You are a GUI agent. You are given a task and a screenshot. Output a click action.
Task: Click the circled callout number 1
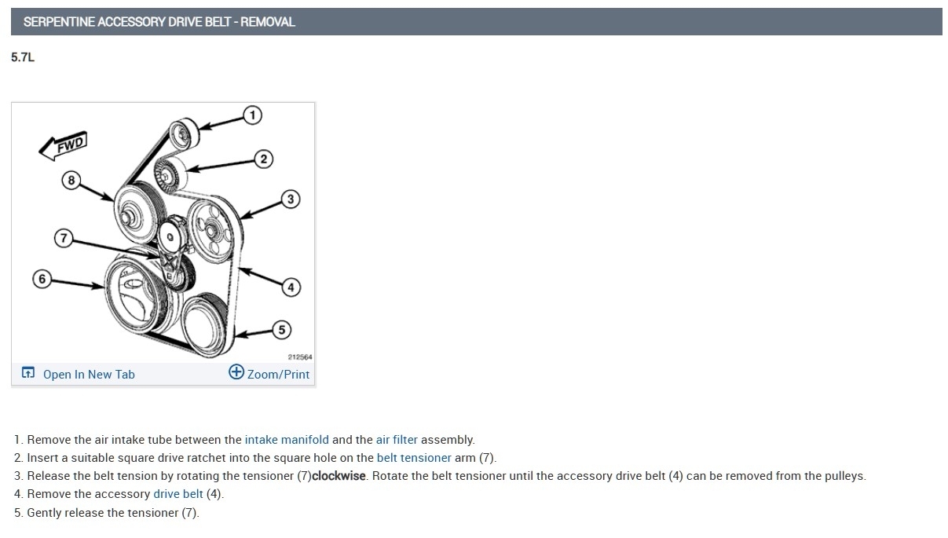[253, 115]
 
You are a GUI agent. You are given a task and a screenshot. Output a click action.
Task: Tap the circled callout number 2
[264, 159]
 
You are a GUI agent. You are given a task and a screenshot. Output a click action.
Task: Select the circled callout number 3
[291, 199]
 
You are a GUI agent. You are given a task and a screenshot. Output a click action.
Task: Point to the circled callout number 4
[291, 287]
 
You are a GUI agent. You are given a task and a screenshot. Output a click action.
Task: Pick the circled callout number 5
[282, 330]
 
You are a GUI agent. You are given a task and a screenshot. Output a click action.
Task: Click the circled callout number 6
[42, 279]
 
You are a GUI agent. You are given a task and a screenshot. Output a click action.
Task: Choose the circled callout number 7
[64, 238]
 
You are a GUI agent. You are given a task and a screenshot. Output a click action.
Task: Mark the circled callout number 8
[71, 181]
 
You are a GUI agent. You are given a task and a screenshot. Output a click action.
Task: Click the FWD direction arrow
[63, 146]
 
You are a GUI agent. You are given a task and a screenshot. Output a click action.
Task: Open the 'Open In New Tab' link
[89, 375]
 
